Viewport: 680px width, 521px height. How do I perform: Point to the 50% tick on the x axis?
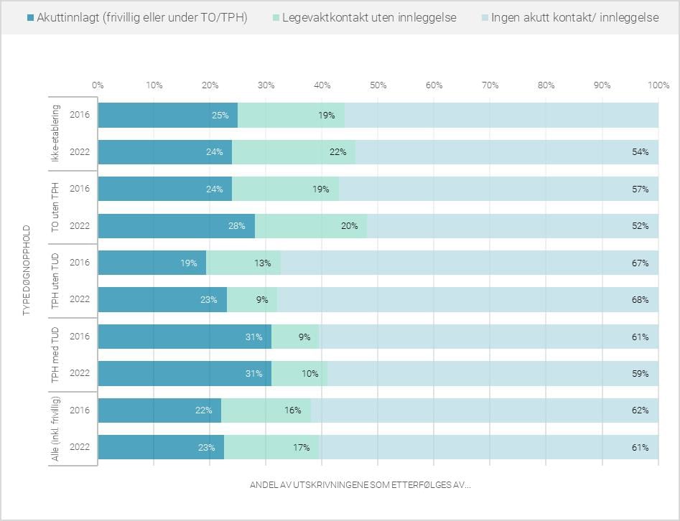(378, 85)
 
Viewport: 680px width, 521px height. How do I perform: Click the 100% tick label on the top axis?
(658, 85)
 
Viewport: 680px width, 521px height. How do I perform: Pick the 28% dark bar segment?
(177, 226)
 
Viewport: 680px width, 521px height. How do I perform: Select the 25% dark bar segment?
(168, 115)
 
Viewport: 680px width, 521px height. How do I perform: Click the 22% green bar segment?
(294, 152)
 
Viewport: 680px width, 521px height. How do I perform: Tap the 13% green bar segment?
(243, 263)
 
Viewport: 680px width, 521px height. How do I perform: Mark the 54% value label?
(640, 152)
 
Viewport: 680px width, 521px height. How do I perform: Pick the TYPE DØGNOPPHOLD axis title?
(27, 273)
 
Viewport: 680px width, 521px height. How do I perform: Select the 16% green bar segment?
(266, 410)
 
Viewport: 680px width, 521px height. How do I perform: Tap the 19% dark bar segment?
(152, 263)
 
